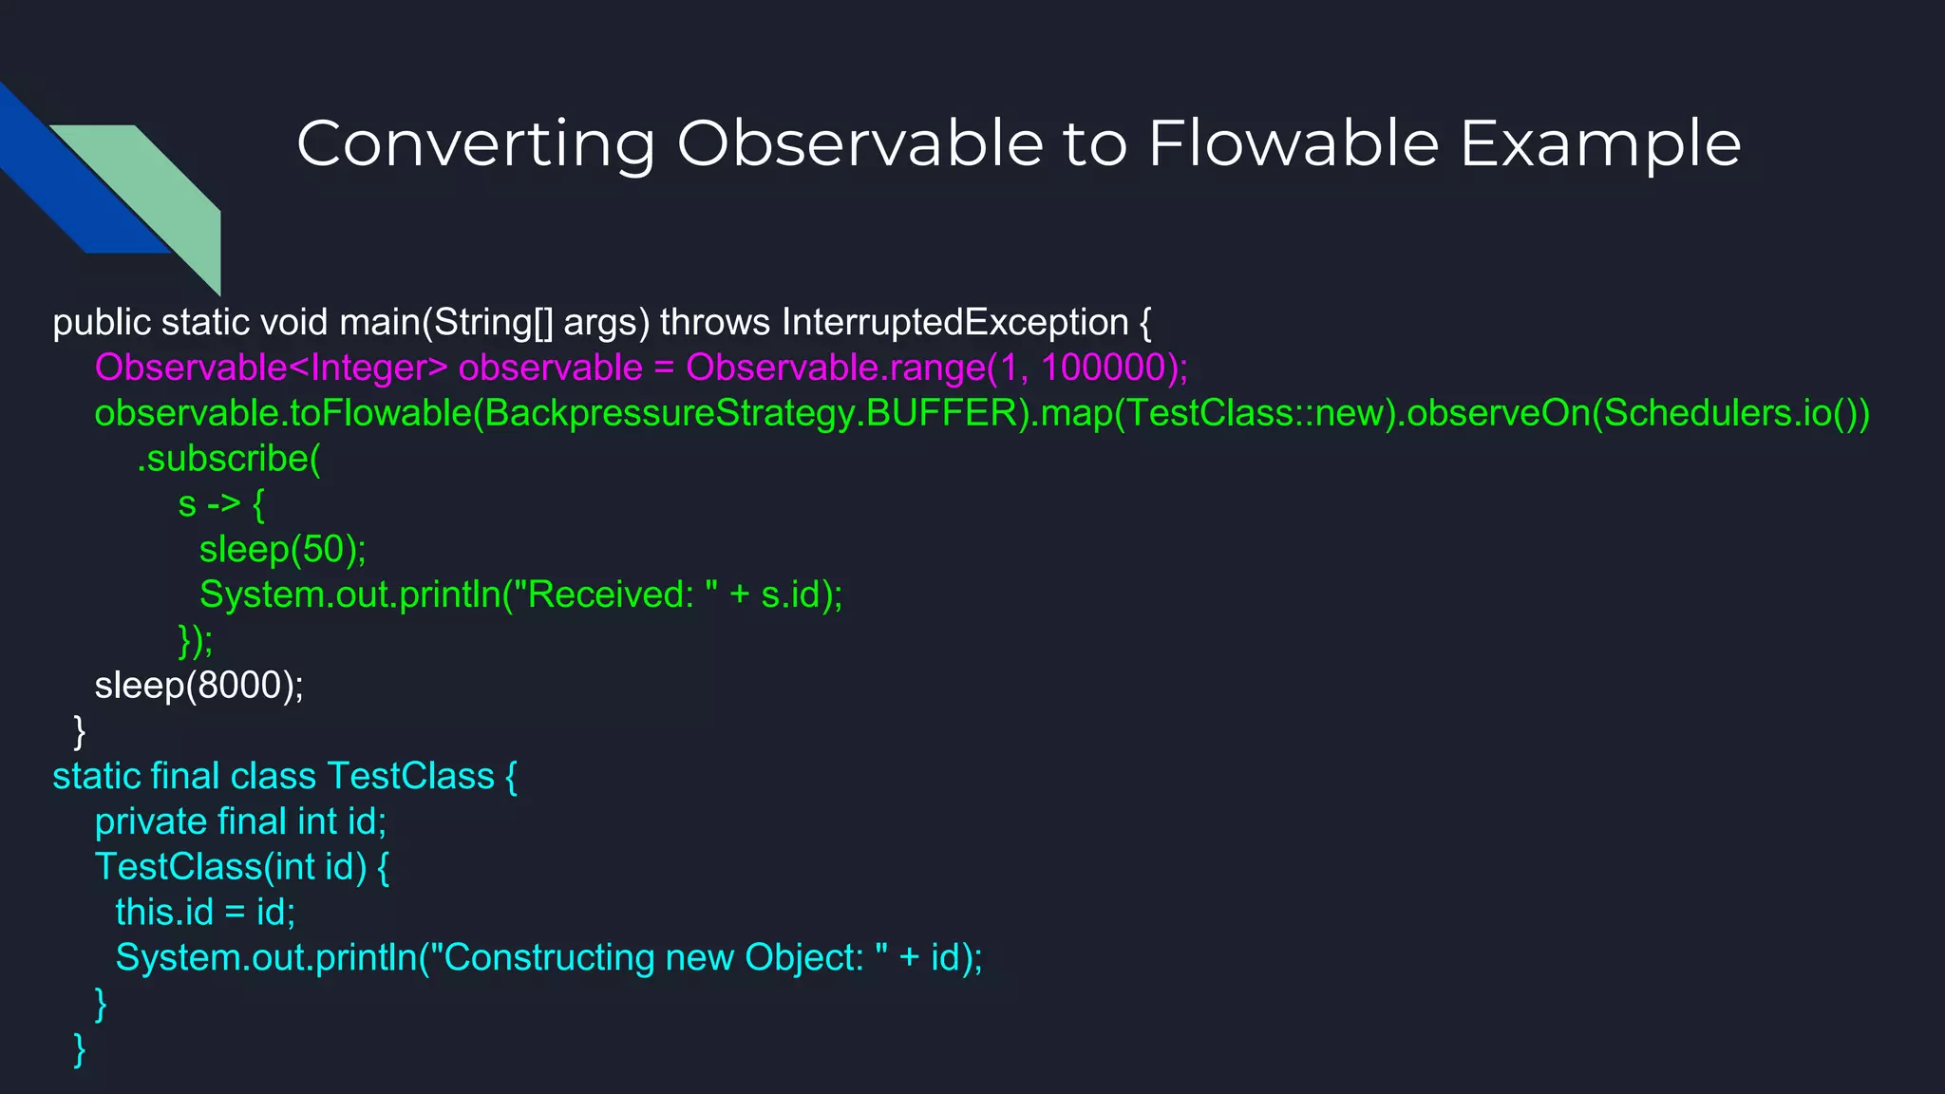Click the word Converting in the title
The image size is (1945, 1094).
(x=475, y=145)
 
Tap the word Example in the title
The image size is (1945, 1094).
(x=1600, y=145)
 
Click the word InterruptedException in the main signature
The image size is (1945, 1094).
(x=954, y=323)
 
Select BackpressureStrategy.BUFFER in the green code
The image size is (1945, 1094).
(x=751, y=413)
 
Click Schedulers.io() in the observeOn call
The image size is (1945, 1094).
(x=1728, y=413)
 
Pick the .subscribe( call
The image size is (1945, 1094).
(x=229, y=459)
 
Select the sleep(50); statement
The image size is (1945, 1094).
(x=282, y=550)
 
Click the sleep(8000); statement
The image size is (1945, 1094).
(x=198, y=686)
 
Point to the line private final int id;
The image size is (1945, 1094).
(x=240, y=821)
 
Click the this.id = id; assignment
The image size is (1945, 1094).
(x=205, y=913)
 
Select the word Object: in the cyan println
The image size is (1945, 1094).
(x=803, y=958)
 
